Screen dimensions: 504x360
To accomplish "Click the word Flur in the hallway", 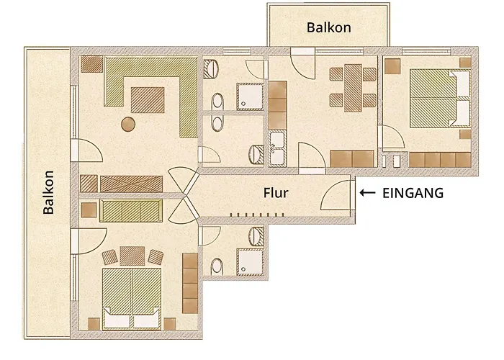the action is click(x=276, y=193).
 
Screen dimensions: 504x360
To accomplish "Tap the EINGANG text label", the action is click(x=413, y=193).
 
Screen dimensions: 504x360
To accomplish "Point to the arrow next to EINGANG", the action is click(x=367, y=192).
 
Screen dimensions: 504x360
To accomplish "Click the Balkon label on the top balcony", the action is click(x=328, y=27).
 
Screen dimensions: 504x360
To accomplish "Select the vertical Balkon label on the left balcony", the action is click(x=48, y=192).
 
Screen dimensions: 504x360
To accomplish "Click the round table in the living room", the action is click(x=128, y=124).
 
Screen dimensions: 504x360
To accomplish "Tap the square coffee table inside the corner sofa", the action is click(x=148, y=100).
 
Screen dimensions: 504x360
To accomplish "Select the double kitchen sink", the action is click(x=277, y=149).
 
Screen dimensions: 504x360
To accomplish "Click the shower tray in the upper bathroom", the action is click(x=250, y=96).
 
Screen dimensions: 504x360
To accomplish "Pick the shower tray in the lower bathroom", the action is click(x=250, y=262).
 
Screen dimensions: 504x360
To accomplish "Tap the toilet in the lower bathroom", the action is click(x=217, y=267).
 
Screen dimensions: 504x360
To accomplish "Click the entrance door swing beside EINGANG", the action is click(x=336, y=195).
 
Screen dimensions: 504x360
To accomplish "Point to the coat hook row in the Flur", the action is click(x=257, y=215).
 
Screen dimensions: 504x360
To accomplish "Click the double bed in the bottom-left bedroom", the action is click(x=132, y=298).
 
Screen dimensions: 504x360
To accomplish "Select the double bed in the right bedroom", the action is click(x=440, y=99).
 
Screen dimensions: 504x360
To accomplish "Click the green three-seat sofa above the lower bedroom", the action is click(x=131, y=211).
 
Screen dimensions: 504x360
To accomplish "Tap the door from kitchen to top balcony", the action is click(x=302, y=63).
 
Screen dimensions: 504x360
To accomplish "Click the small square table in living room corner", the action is click(x=91, y=64).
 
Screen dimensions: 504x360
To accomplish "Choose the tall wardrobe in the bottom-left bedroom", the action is click(x=190, y=283).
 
